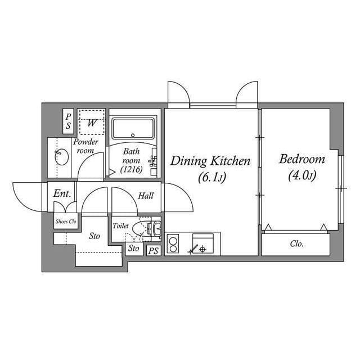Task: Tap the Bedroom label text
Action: (x=301, y=159)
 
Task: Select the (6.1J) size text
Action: (x=211, y=178)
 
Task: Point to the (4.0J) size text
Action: (x=302, y=176)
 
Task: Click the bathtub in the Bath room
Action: (x=133, y=129)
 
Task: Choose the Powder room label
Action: (x=85, y=146)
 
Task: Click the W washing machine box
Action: (x=91, y=122)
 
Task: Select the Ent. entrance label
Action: (x=62, y=193)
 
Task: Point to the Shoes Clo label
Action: (x=66, y=222)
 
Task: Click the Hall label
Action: (x=146, y=196)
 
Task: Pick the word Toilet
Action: (x=121, y=226)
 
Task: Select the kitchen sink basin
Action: (x=202, y=245)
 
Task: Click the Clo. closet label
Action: (x=296, y=244)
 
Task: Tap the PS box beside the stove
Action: (x=153, y=251)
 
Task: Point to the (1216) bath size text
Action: (x=131, y=169)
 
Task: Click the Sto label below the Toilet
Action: (x=133, y=247)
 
